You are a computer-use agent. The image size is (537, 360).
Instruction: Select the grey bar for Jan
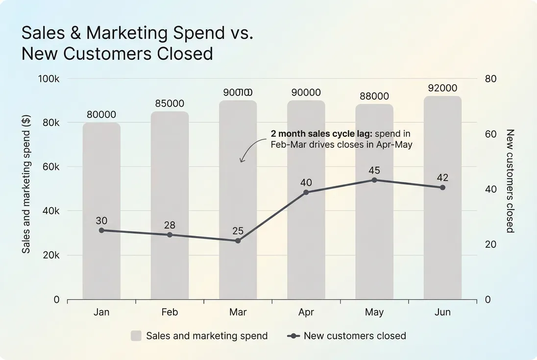[x=101, y=211]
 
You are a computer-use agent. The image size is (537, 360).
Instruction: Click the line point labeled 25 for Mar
[x=238, y=240]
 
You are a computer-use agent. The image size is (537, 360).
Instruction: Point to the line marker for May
[x=374, y=180]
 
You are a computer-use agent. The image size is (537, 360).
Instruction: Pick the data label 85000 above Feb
[x=170, y=103]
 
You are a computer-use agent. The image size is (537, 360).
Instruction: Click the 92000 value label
[x=442, y=88]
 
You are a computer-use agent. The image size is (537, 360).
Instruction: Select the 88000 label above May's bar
[x=374, y=96]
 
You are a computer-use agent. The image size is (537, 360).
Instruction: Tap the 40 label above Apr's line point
[x=306, y=183]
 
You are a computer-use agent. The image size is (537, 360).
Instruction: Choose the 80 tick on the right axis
[x=490, y=79]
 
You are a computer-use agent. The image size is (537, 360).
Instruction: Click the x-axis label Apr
[x=306, y=312]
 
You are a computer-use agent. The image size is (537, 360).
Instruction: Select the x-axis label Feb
[x=170, y=312]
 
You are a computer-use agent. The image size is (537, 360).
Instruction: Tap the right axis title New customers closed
[x=510, y=181]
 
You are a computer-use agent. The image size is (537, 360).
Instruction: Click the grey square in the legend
[x=136, y=336]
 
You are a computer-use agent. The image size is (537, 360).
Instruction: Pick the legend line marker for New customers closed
[x=293, y=336]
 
